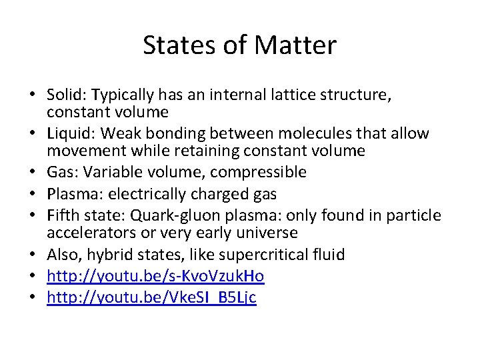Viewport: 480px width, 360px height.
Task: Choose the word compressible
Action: click(x=261, y=173)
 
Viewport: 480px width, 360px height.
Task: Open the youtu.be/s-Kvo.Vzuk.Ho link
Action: click(x=155, y=276)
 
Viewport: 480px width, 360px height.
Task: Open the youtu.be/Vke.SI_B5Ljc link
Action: click(x=151, y=297)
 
